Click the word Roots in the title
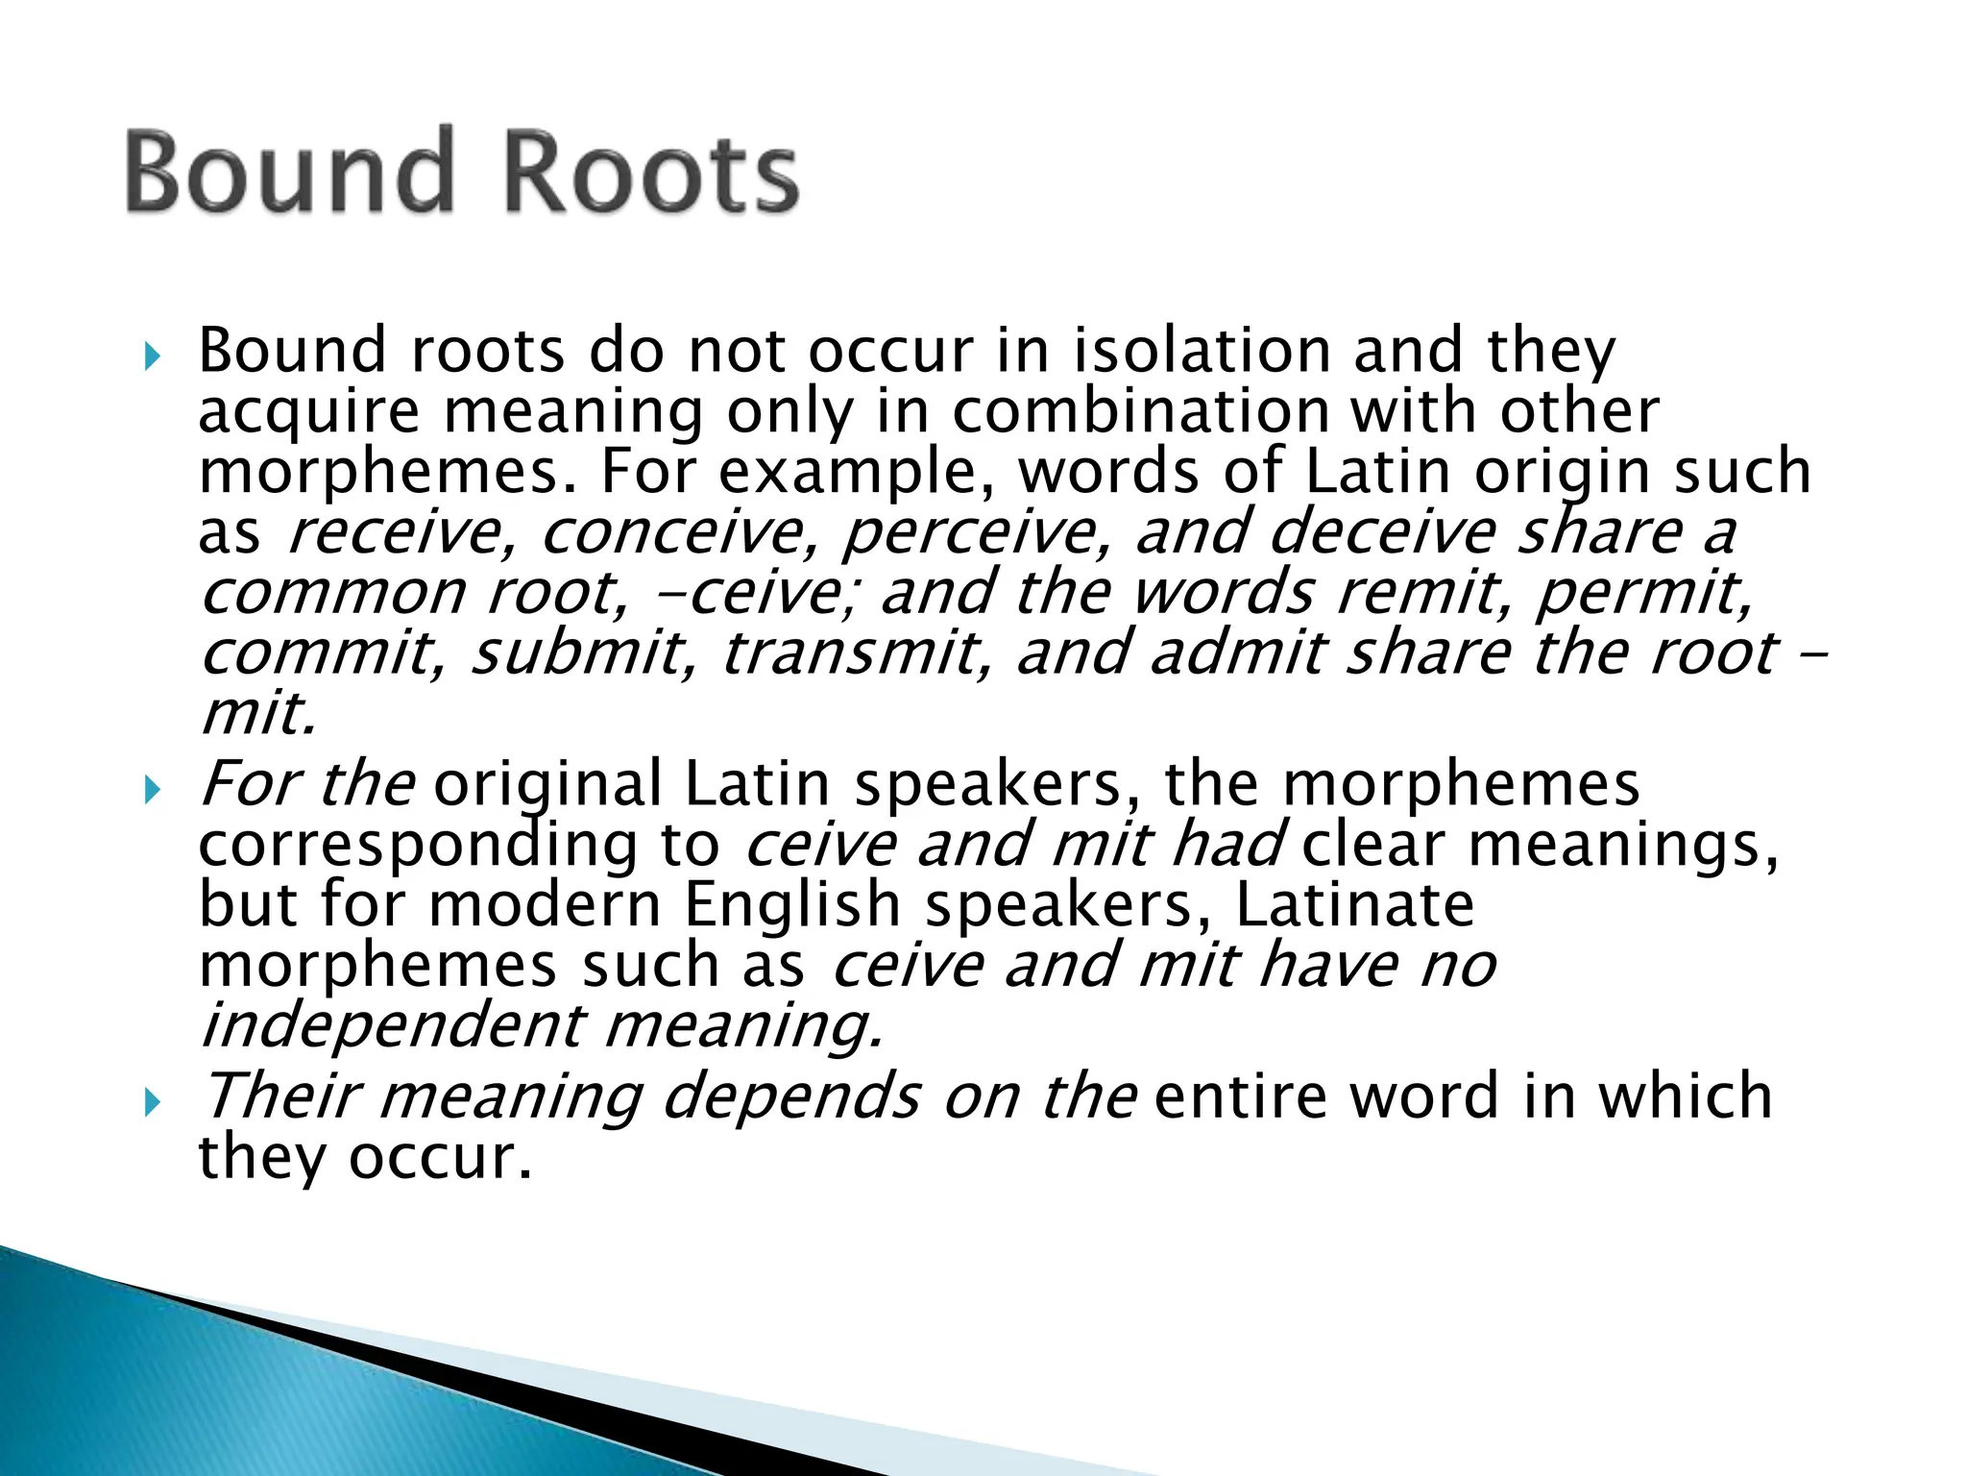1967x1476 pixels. (651, 173)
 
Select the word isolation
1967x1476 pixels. (1201, 352)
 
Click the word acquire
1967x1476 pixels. (309, 413)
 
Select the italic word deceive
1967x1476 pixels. (1382, 533)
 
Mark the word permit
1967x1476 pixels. (1642, 594)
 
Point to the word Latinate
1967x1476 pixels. (1354, 905)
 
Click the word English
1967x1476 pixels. (792, 905)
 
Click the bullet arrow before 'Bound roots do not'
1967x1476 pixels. (151, 358)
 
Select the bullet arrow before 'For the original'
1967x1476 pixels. (151, 791)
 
